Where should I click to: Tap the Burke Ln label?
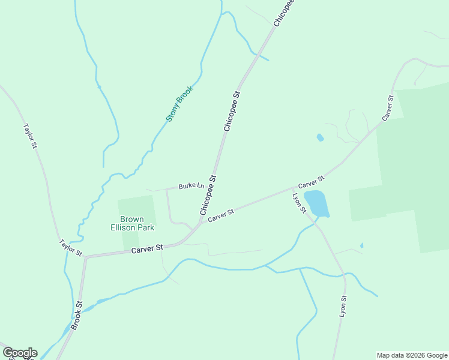(191, 186)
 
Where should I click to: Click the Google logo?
(20, 353)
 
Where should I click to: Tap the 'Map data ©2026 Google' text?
(412, 355)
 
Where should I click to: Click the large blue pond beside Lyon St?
(316, 203)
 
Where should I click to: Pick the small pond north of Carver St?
(320, 137)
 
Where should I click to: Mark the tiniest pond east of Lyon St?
(361, 245)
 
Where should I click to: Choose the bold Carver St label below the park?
(147, 248)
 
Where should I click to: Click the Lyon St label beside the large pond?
(299, 203)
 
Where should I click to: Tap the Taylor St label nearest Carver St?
(70, 248)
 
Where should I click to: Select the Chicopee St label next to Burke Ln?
(208, 195)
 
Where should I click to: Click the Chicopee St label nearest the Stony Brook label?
(232, 111)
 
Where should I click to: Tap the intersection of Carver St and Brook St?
(86, 257)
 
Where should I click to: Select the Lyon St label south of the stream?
(343, 306)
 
